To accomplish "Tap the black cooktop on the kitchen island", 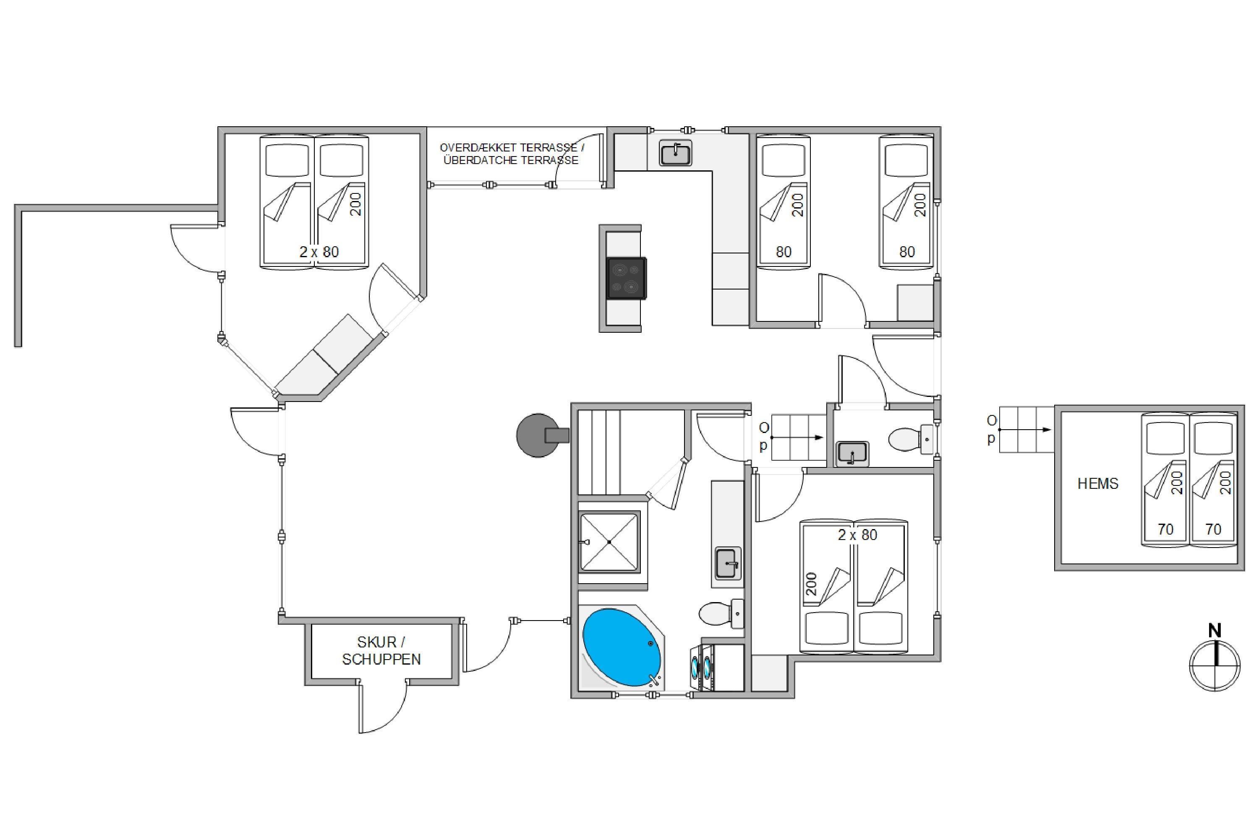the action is (627, 278).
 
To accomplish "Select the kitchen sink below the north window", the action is (676, 153).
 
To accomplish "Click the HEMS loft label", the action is (1098, 484).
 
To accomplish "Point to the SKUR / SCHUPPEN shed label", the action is (381, 650).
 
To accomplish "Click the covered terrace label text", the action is (512, 154).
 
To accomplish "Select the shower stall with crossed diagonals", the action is (610, 542).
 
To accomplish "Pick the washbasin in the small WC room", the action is (852, 454).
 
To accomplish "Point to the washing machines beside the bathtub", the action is (702, 667).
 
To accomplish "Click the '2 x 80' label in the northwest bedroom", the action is (319, 252).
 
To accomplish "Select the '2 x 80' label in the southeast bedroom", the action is (858, 535).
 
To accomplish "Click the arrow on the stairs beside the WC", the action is (797, 438).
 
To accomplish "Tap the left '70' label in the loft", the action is (1165, 529).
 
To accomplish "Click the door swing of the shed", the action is (382, 707).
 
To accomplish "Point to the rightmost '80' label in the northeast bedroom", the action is (907, 252).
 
